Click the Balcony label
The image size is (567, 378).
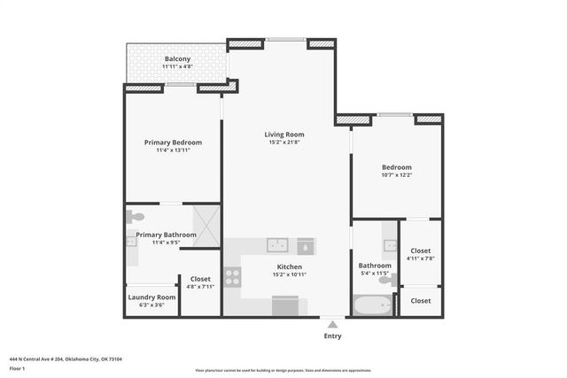click(177, 58)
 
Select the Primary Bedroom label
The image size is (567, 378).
click(173, 142)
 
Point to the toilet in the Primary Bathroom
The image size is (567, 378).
click(136, 216)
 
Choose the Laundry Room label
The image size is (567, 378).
click(151, 297)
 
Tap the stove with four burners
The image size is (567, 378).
click(232, 276)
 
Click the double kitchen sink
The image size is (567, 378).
click(276, 244)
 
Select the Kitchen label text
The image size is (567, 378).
click(290, 266)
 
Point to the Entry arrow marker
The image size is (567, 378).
click(332, 325)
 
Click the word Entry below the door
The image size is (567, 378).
click(332, 336)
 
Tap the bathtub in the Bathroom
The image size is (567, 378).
click(372, 305)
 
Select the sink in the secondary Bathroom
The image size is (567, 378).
click(390, 243)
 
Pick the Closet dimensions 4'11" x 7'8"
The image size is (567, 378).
click(421, 258)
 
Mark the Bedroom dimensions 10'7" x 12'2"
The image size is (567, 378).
click(396, 175)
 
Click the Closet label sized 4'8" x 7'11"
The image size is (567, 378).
click(200, 279)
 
